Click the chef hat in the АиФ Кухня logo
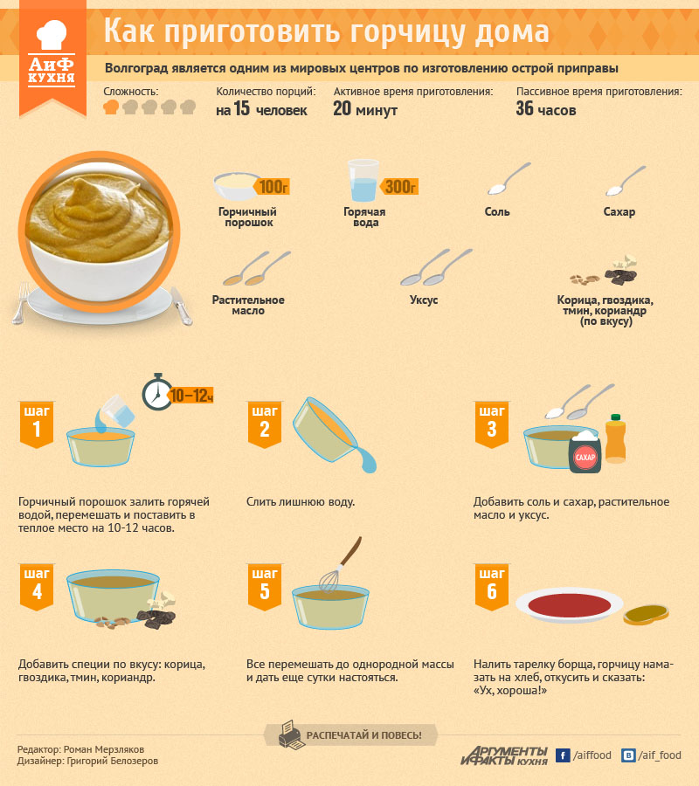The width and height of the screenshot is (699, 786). coord(52,34)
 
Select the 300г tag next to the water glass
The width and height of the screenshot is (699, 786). coord(399,187)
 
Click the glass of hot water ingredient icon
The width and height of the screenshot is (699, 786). coord(363,181)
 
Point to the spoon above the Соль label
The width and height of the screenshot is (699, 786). coord(509,178)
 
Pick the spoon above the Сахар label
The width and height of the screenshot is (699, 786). coord(626,181)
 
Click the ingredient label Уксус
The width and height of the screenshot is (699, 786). coord(424,300)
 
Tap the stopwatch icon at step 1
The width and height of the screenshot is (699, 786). coord(157,392)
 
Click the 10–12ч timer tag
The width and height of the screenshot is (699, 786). coord(191,396)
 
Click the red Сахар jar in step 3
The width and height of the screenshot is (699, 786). coord(585,452)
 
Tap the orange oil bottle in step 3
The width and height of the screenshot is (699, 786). coord(615,438)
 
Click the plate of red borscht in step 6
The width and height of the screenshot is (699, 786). coord(569,604)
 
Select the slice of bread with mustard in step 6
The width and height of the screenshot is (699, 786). coord(646,615)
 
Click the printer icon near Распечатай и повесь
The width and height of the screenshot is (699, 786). coord(291,734)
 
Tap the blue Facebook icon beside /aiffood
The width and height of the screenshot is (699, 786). coord(563,755)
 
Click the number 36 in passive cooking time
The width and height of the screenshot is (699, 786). coord(524,108)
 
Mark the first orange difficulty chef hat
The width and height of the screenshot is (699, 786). coord(111,107)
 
